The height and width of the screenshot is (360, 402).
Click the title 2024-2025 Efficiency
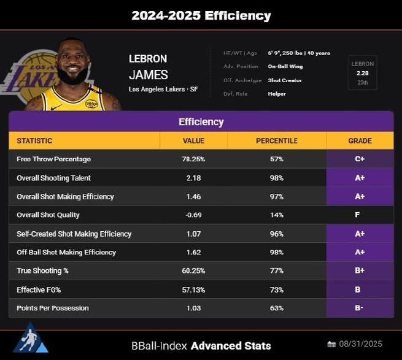(x=201, y=15)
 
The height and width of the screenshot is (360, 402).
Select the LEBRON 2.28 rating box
(x=362, y=73)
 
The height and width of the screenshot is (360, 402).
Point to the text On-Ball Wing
(x=285, y=66)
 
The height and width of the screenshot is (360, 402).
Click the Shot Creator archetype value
(x=285, y=80)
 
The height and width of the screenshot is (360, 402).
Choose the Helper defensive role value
(x=277, y=94)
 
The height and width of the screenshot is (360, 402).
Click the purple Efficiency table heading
(x=201, y=121)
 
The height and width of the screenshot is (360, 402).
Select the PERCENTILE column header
(x=276, y=140)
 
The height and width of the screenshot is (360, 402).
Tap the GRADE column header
(x=360, y=140)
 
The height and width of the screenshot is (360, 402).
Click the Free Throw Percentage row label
(x=53, y=159)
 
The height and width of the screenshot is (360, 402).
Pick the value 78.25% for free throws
(x=193, y=159)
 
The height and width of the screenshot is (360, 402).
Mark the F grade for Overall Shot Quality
(x=360, y=215)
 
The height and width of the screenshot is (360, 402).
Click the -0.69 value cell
(x=193, y=215)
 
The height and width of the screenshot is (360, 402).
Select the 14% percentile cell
(x=276, y=215)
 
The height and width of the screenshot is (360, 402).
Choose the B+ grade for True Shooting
(x=360, y=271)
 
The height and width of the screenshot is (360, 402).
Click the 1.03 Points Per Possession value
(x=193, y=308)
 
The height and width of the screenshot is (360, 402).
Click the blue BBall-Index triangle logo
(x=31, y=339)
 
